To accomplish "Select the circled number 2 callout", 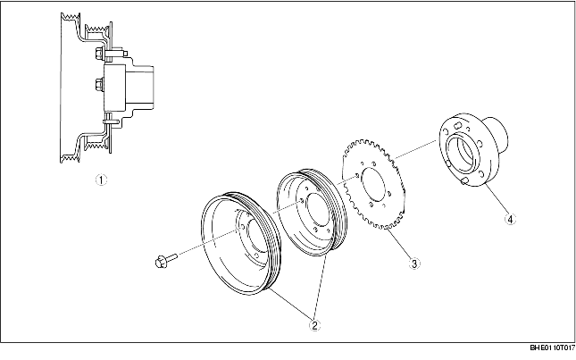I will [313, 326].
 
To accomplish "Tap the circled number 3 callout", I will [413, 263].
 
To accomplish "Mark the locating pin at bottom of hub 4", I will [466, 183].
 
